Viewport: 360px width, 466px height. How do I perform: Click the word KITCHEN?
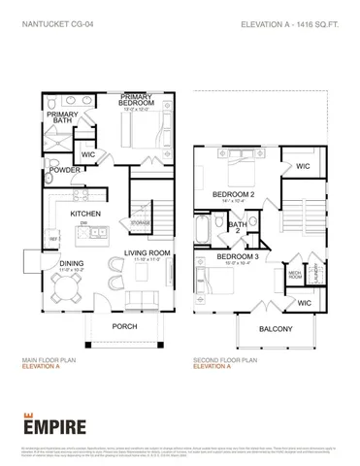(85, 213)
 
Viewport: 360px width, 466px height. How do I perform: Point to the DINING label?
(71, 262)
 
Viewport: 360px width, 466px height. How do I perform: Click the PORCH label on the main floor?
(124, 325)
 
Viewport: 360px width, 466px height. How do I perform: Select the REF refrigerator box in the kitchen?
(54, 237)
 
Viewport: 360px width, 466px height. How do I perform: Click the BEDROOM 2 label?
(233, 194)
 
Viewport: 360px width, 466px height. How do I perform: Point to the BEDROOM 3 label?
(237, 255)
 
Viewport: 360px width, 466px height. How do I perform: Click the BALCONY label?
(276, 329)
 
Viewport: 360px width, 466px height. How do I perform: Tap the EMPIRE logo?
(54, 424)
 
